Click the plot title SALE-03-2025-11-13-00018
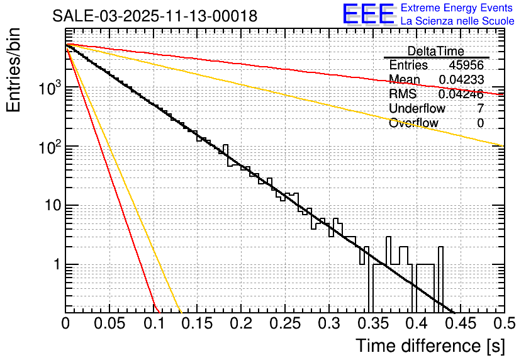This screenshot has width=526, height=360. (155, 16)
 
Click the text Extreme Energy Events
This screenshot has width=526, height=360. (457, 8)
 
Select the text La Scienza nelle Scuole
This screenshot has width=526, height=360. (457, 21)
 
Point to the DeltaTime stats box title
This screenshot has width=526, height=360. (435, 52)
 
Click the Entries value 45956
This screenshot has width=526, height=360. (466, 65)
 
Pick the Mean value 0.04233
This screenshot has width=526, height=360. (461, 79)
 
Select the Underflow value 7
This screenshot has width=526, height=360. (480, 108)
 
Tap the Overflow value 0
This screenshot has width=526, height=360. (480, 123)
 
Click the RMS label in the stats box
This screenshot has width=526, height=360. (403, 94)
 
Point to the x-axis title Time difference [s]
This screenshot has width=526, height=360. (430, 346)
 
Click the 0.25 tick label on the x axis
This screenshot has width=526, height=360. (284, 323)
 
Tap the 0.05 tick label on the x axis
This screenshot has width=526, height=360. (109, 323)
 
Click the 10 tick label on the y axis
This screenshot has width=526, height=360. (48, 206)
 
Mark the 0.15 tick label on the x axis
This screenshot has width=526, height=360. (196, 323)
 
